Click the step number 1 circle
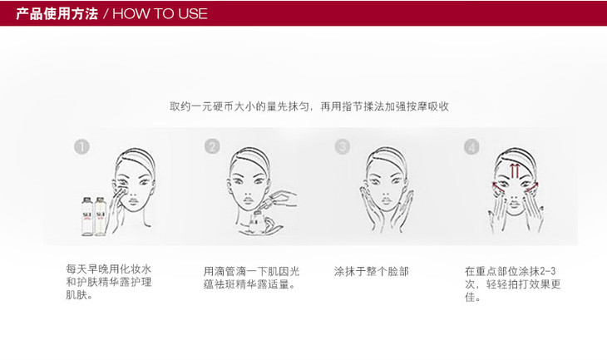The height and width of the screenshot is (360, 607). (81, 146)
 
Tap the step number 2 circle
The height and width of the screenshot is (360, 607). (212, 146)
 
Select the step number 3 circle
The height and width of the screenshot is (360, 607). (343, 146)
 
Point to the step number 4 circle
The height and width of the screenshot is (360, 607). (471, 146)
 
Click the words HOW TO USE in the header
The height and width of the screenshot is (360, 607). (160, 14)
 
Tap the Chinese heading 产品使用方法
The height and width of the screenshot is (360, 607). (57, 13)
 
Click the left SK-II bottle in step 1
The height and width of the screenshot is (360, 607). (87, 216)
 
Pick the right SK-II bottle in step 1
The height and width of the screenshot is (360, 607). (101, 216)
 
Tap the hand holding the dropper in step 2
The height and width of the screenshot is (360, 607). (284, 198)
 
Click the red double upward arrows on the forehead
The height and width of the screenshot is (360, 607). (515, 170)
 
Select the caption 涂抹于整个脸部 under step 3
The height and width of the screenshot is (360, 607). (372, 271)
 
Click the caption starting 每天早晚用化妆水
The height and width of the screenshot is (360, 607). (109, 282)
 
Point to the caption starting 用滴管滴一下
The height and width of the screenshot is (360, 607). (252, 278)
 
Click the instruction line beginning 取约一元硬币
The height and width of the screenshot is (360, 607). (309, 106)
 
